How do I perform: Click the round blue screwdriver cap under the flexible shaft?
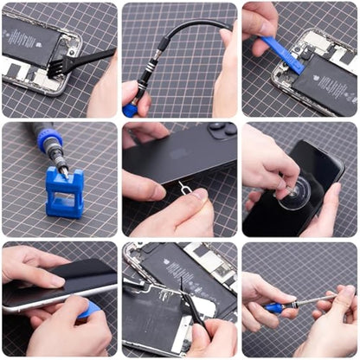(130, 108)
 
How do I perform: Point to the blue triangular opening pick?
(88, 309)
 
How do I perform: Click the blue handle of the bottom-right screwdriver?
(274, 306)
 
